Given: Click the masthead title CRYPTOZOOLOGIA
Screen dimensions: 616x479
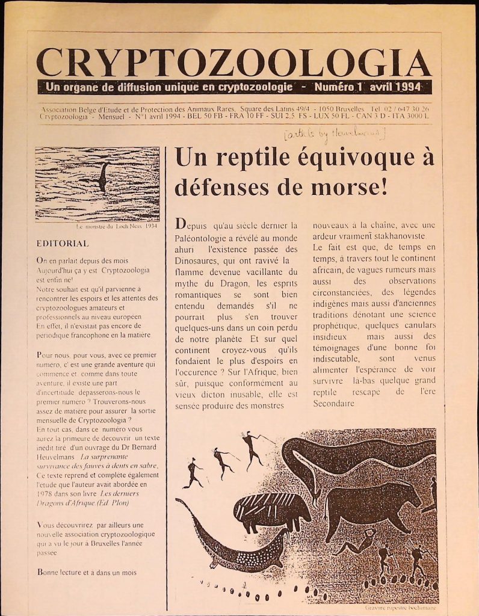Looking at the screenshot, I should pos(233,63).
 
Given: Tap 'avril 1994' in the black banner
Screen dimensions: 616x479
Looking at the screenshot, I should pos(398,87).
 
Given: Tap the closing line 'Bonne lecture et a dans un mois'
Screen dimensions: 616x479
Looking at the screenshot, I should pos(86,572).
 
